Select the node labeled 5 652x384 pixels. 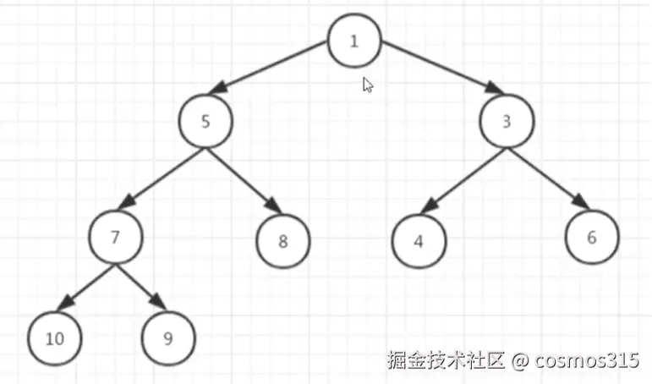coord(205,122)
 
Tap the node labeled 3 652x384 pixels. coord(507,122)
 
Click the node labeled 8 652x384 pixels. coord(283,241)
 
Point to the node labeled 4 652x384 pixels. coord(419,241)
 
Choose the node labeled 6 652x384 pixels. coord(591,238)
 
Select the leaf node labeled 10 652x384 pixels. coord(55,339)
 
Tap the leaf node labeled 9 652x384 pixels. coord(168,339)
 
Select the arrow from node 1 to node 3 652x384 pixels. coord(436,74)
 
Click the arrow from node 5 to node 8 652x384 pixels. coord(244,180)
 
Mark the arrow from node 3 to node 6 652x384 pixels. coord(548,178)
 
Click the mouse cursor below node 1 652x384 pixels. coord(368,85)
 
